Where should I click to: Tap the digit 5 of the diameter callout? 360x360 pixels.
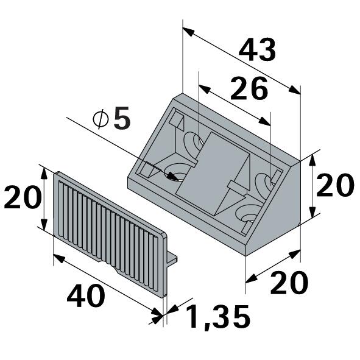(122, 118)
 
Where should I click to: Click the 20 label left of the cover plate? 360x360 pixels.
(23, 197)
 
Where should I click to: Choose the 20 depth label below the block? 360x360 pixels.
(289, 283)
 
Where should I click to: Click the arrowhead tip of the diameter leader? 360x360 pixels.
(179, 180)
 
